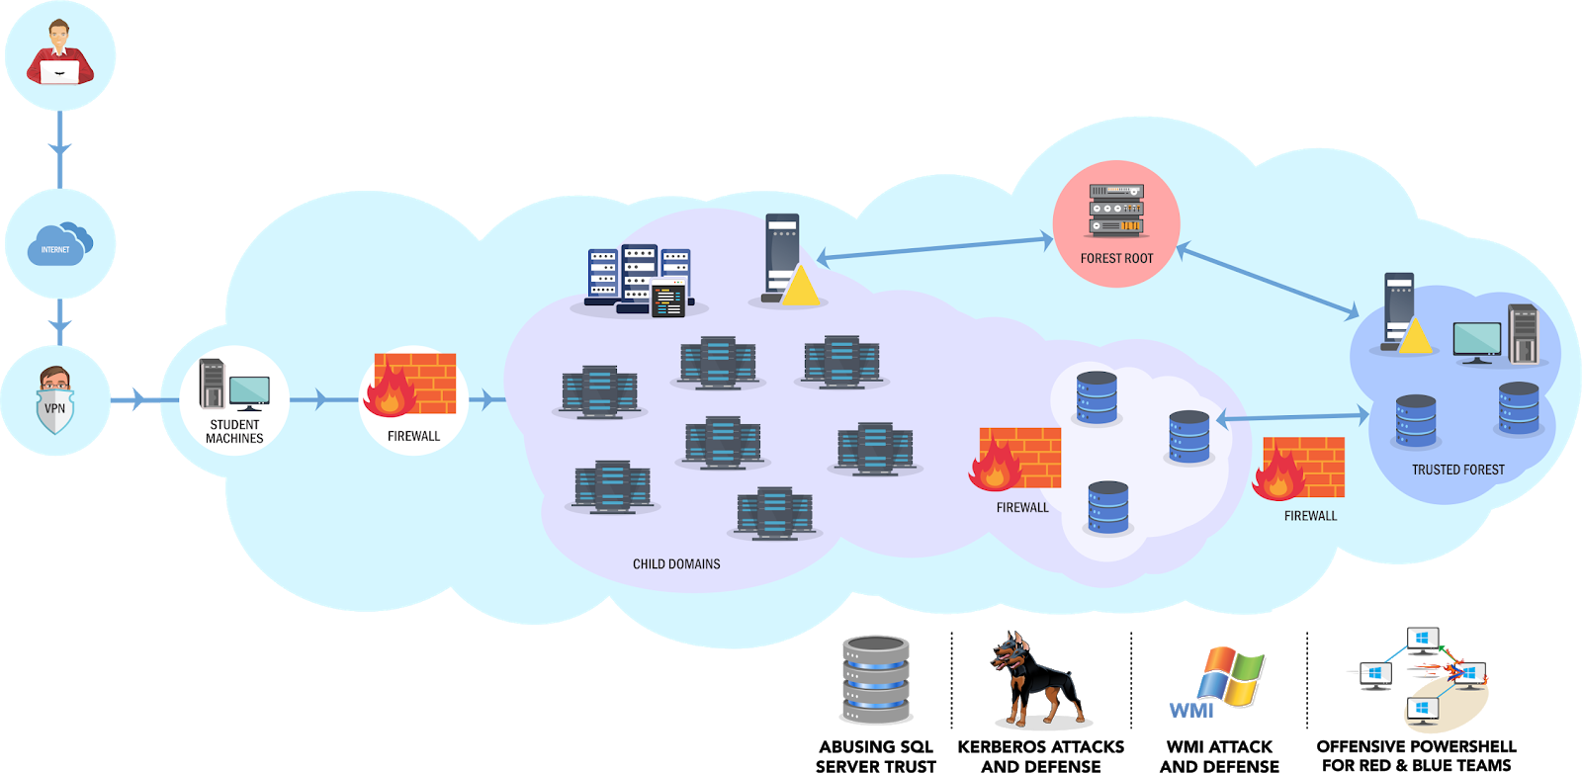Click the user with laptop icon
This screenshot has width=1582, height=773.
(x=59, y=54)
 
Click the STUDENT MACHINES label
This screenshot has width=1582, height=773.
(x=234, y=432)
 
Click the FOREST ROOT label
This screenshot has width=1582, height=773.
(x=1116, y=259)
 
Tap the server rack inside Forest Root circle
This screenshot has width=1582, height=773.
(x=1116, y=211)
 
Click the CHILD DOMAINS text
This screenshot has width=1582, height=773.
(x=676, y=564)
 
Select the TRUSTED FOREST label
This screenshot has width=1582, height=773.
(x=1457, y=471)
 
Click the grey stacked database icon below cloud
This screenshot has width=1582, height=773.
(x=876, y=680)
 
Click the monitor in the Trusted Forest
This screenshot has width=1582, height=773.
(x=1476, y=342)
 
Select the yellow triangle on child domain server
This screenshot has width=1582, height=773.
(x=800, y=288)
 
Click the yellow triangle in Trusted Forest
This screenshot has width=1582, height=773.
(x=1415, y=337)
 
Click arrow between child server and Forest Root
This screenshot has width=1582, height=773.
(x=934, y=248)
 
